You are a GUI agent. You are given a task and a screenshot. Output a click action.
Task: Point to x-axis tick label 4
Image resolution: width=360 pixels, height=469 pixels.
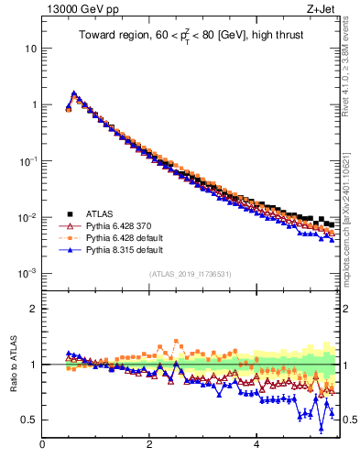click(256, 446)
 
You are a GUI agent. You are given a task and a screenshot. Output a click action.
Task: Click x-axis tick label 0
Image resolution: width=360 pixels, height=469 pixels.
click(42, 446)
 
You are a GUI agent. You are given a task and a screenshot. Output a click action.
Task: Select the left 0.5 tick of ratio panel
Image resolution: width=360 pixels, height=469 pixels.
click(29, 420)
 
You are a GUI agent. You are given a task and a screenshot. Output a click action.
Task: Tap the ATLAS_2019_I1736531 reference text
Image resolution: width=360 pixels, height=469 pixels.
click(191, 274)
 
